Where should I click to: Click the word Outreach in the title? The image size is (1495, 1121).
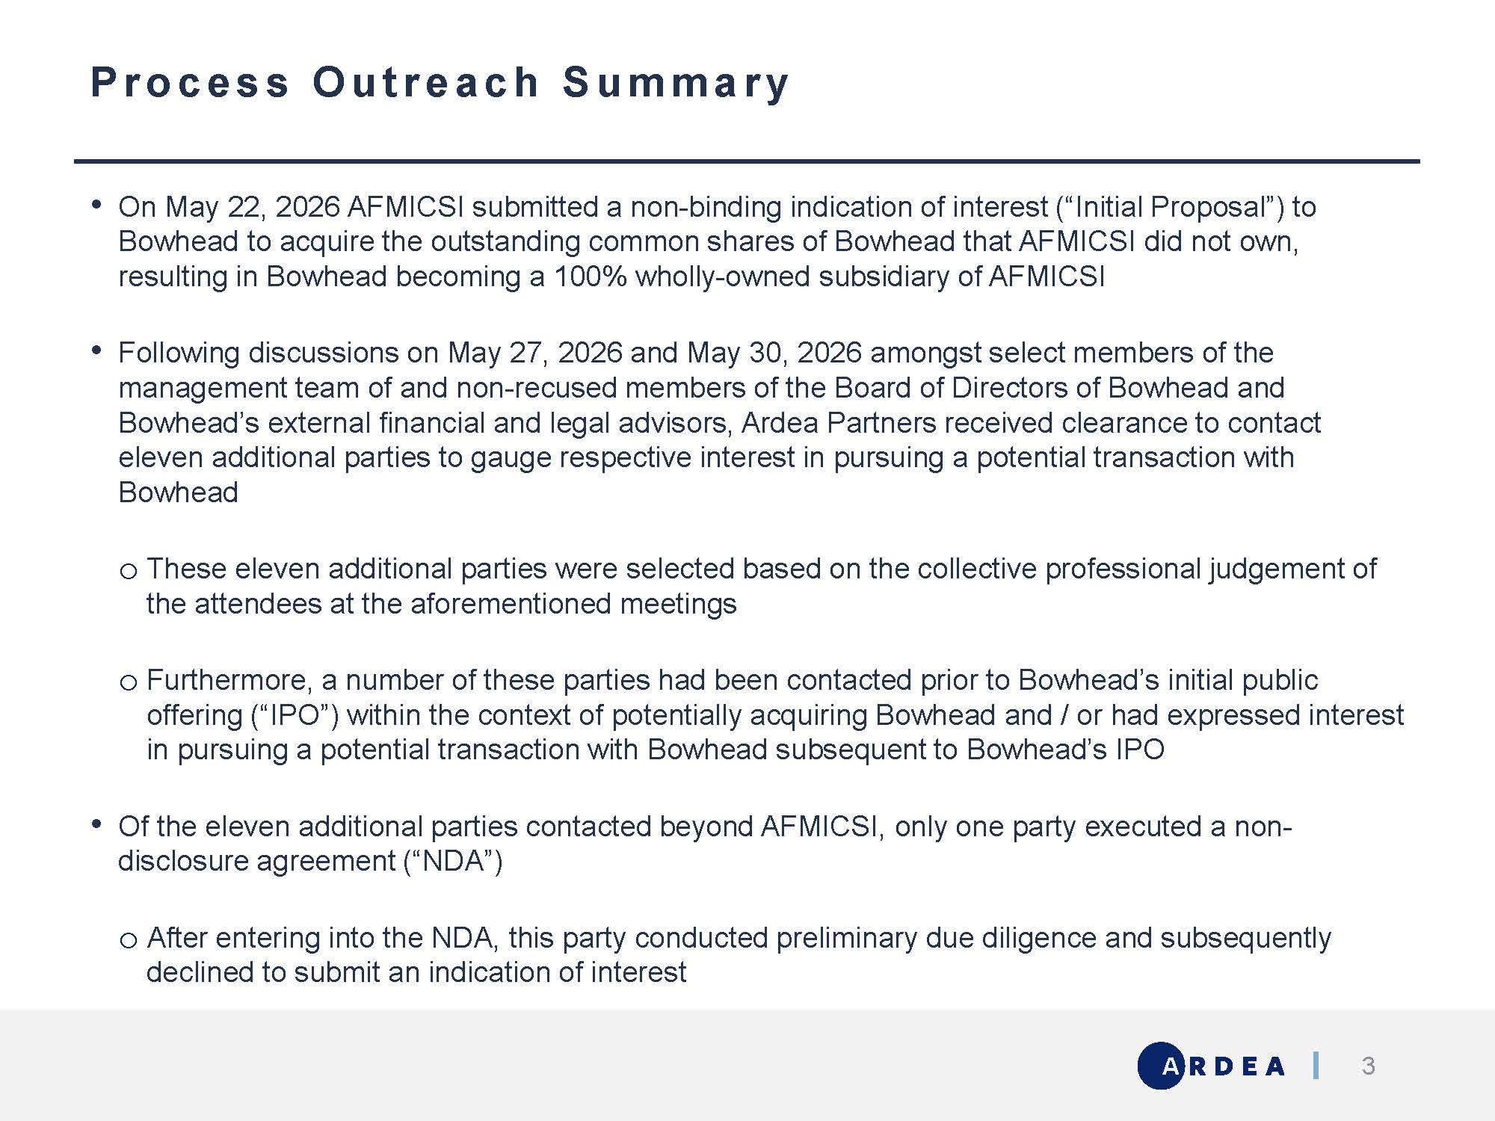(x=425, y=81)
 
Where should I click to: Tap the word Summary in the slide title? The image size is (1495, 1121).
(x=676, y=83)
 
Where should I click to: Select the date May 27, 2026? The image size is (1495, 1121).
(x=535, y=353)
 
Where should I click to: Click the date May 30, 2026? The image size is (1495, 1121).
(x=774, y=353)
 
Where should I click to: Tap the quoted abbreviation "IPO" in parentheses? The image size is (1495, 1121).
(x=295, y=716)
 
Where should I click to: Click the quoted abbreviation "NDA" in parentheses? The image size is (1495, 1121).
(x=452, y=862)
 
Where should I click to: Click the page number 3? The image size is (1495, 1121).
(x=1368, y=1066)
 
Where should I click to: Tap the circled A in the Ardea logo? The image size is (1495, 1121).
(x=1162, y=1066)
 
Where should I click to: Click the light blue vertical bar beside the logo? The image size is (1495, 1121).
(x=1316, y=1065)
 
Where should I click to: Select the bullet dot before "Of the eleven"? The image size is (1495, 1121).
(x=96, y=824)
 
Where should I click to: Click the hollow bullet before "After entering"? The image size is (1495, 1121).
(x=128, y=941)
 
